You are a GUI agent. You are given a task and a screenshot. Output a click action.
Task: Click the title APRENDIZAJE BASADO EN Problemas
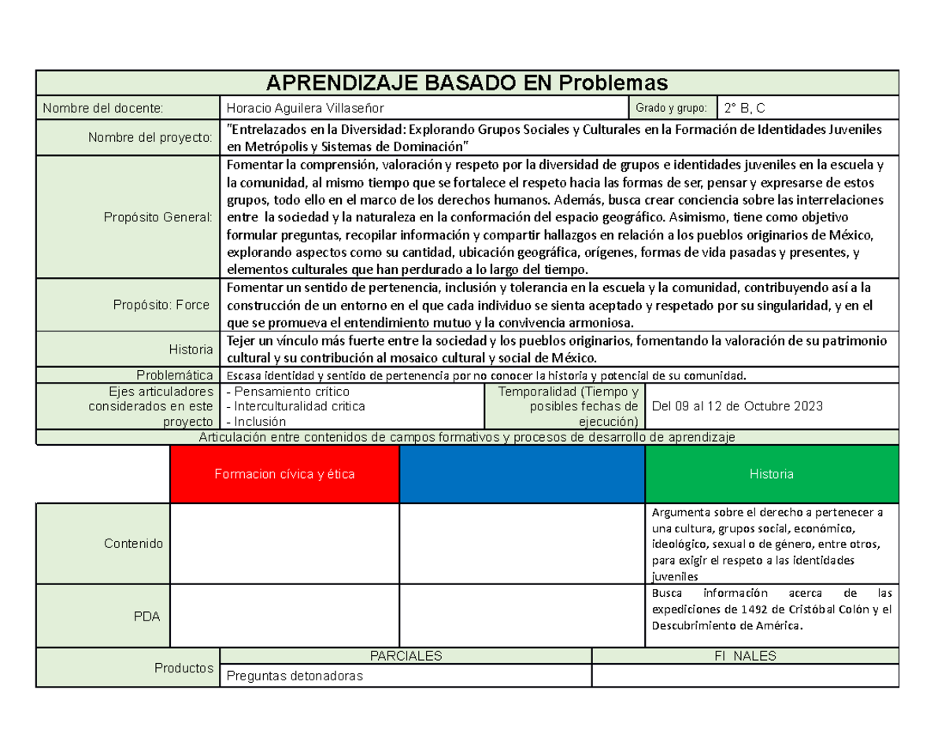tap(467, 83)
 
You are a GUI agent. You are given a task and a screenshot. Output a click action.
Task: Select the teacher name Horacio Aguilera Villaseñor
tap(306, 108)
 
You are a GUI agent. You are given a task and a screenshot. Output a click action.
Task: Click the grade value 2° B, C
tap(746, 108)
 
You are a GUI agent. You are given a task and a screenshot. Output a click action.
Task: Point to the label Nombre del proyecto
tap(150, 138)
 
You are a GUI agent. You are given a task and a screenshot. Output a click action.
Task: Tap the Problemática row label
tap(175, 375)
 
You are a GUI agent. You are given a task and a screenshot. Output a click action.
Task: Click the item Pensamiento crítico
tap(287, 391)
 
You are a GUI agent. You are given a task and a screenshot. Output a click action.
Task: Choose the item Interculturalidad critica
tap(295, 406)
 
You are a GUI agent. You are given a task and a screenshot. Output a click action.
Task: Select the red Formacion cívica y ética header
tap(285, 474)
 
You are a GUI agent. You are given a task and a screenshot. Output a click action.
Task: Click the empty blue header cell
tap(522, 474)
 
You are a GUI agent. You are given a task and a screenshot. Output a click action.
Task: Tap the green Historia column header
tap(771, 474)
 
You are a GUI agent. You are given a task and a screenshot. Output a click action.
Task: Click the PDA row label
tap(147, 617)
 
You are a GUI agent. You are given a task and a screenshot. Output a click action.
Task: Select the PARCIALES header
tap(406, 656)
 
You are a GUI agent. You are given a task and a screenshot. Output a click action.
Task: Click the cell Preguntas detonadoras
tap(295, 676)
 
